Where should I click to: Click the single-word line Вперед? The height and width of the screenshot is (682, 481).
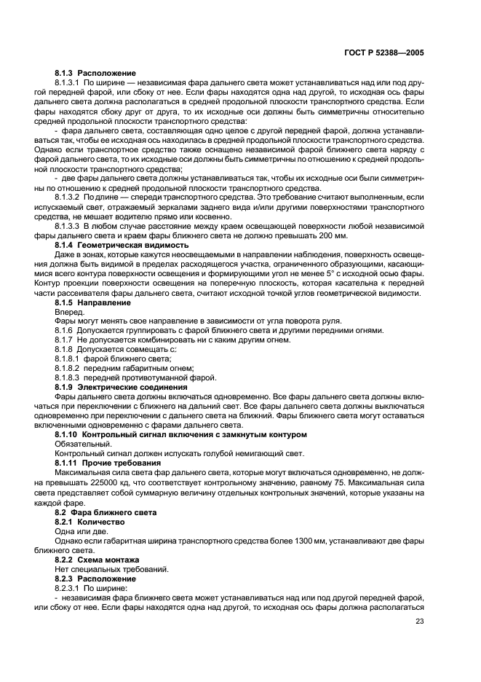[x=70, y=311]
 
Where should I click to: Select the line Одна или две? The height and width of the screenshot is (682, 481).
[x=77, y=532]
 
